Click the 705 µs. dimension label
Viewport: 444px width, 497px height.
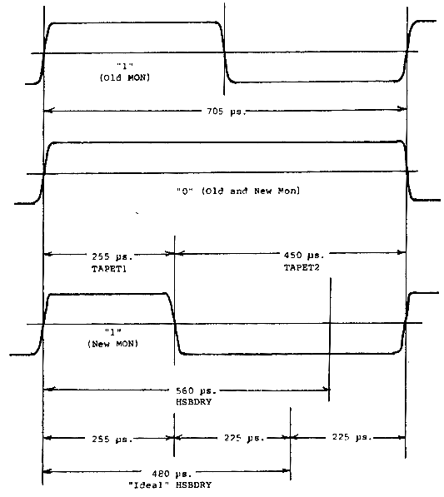tap(227, 112)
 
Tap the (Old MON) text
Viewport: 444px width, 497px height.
tap(125, 77)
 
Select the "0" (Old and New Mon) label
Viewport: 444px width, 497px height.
tap(238, 191)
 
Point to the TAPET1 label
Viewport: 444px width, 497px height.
tap(109, 269)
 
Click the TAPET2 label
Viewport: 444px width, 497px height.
tap(302, 267)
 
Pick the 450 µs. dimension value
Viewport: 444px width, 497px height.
tap(304, 255)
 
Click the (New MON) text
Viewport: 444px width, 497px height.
tap(113, 344)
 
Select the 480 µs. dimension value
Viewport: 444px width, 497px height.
tap(172, 475)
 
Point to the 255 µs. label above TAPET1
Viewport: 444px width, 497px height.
tap(112, 256)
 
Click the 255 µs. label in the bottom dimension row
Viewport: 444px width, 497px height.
tap(112, 439)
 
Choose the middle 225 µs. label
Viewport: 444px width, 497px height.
tap(244, 438)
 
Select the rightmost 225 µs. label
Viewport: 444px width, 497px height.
tap(352, 437)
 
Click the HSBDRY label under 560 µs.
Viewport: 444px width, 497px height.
tap(194, 402)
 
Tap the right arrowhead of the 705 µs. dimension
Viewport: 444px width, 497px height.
tap(403, 109)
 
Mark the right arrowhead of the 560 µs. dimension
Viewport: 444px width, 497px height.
tap(326, 389)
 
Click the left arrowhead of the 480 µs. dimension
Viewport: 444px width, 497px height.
tap(47, 472)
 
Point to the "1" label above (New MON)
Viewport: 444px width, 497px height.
tap(113, 332)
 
